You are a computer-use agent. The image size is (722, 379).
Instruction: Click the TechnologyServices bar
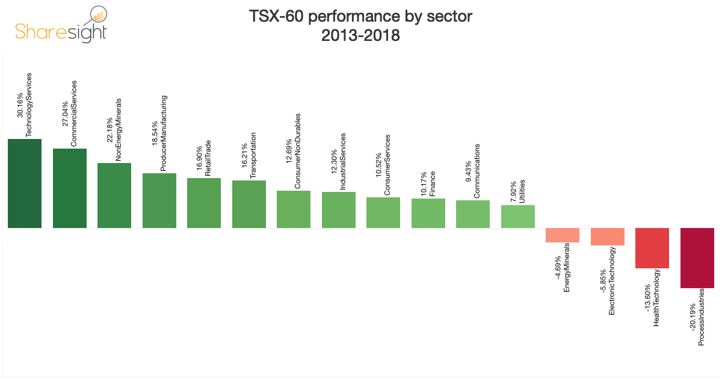point(25,183)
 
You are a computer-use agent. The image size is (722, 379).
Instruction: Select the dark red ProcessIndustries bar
point(697,258)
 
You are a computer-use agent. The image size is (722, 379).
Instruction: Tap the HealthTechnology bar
point(652,248)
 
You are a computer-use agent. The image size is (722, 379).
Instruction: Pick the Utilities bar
point(518,217)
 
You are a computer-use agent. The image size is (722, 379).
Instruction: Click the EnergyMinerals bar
point(563,235)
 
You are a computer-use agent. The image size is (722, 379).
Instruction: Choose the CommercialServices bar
point(70,188)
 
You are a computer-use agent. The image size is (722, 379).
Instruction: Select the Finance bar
point(428,213)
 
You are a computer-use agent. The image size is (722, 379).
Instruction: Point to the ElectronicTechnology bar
point(608,237)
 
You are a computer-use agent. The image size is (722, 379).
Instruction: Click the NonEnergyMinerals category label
point(119,130)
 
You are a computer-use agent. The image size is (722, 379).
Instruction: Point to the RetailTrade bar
point(204,203)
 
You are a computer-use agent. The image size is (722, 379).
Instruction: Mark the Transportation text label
point(253,156)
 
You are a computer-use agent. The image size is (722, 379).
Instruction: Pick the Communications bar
point(473,214)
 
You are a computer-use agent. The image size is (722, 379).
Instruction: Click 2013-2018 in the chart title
point(360,35)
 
